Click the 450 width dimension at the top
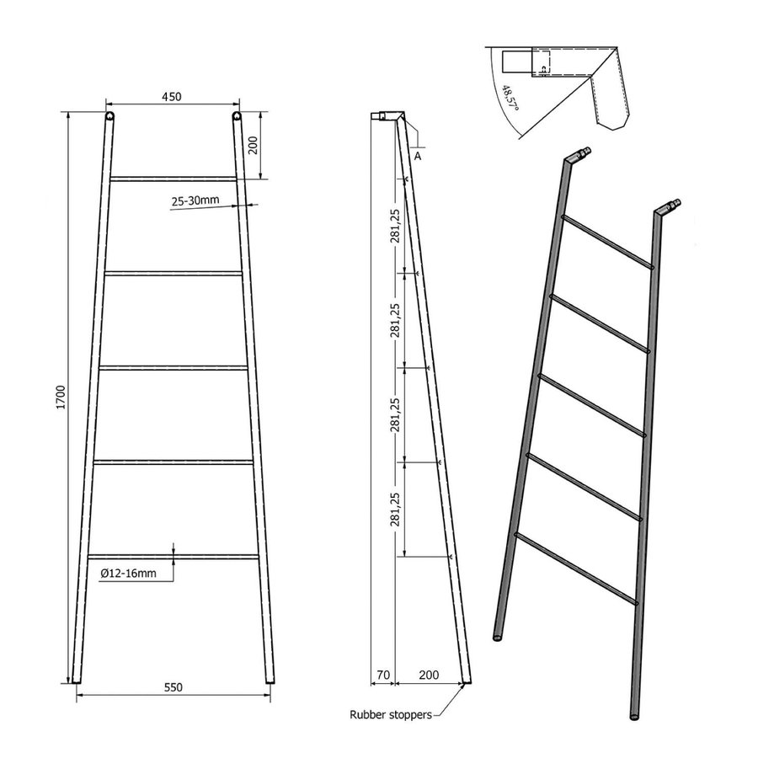pos(172,97)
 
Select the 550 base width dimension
pos(173,687)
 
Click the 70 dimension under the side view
pos(383,675)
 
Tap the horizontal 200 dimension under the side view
pos(429,675)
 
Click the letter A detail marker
pos(419,155)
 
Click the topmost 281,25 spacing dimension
pos(396,225)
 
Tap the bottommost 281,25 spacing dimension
pos(396,509)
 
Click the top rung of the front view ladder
pos(173,178)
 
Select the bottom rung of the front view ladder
pos(173,556)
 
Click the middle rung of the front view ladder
pos(173,366)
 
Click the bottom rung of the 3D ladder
pos(575,568)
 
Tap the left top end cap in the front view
pos(109,116)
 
